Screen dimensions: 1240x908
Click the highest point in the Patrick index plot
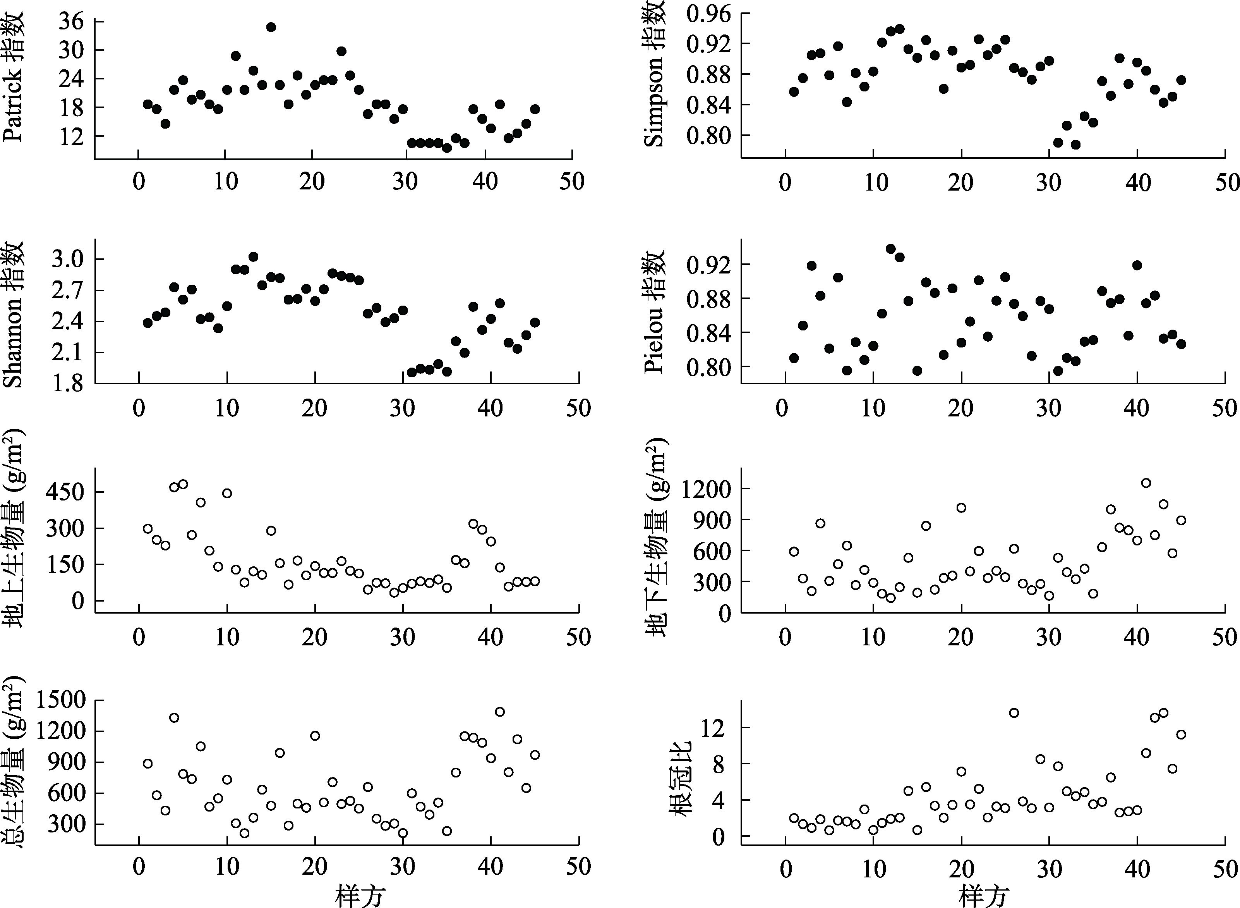(271, 27)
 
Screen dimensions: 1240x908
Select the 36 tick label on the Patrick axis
(71, 21)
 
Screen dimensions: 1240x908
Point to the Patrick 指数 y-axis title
(13, 77)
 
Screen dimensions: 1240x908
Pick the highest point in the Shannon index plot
(253, 257)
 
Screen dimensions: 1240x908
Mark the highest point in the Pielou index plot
(891, 248)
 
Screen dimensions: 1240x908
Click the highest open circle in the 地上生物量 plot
(183, 484)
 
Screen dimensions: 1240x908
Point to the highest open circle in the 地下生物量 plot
(1146, 483)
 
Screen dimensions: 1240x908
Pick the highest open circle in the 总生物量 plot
(500, 712)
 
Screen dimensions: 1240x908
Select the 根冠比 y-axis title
(683, 777)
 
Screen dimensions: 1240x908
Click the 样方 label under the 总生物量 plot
(360, 897)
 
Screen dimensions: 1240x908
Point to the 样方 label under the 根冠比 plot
(983, 897)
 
